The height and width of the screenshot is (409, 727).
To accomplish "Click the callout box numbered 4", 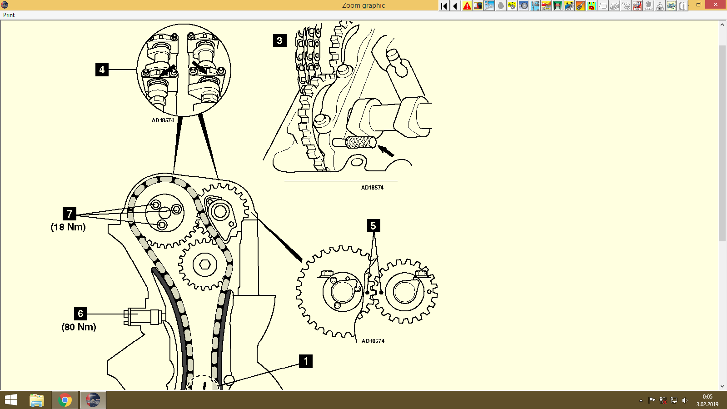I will [102, 70].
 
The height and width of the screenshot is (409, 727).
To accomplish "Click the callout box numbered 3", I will [279, 40].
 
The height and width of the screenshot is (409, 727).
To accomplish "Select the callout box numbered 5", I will [373, 225].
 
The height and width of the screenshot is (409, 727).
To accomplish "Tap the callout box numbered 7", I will [70, 214].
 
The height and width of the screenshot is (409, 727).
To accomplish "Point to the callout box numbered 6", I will [80, 314].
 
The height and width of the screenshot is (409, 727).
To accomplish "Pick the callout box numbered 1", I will [306, 361].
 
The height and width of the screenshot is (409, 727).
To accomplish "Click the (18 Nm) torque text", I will [68, 227].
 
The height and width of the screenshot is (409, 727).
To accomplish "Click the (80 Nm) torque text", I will [79, 327].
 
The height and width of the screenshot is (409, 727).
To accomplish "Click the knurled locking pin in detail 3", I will [360, 143].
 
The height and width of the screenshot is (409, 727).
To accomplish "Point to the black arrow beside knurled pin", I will [386, 150].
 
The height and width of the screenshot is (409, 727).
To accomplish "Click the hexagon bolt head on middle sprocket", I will [204, 264].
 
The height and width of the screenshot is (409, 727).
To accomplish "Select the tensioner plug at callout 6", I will [143, 316].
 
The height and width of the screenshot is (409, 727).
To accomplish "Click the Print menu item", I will [9, 15].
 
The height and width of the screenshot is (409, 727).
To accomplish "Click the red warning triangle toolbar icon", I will [467, 5].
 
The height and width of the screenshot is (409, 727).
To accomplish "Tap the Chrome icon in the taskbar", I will [65, 400].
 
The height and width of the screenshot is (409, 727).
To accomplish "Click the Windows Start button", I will [10, 400].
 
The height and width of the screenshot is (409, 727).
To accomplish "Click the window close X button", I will [716, 5].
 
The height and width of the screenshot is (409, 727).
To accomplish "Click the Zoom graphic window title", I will [363, 5].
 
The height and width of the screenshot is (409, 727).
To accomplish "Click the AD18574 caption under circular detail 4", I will [163, 120].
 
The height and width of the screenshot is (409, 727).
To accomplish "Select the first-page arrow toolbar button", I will [444, 5].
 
